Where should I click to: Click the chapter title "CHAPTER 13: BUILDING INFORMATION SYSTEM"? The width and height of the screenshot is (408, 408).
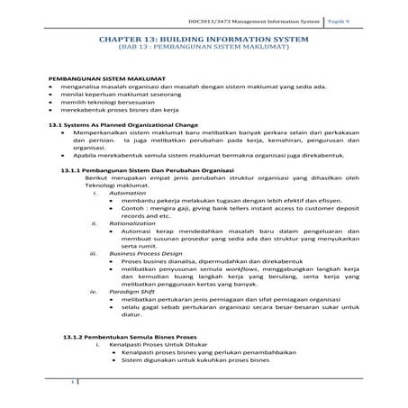coord(204,41)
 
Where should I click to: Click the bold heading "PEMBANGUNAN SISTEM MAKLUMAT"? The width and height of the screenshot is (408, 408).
coord(102,81)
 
